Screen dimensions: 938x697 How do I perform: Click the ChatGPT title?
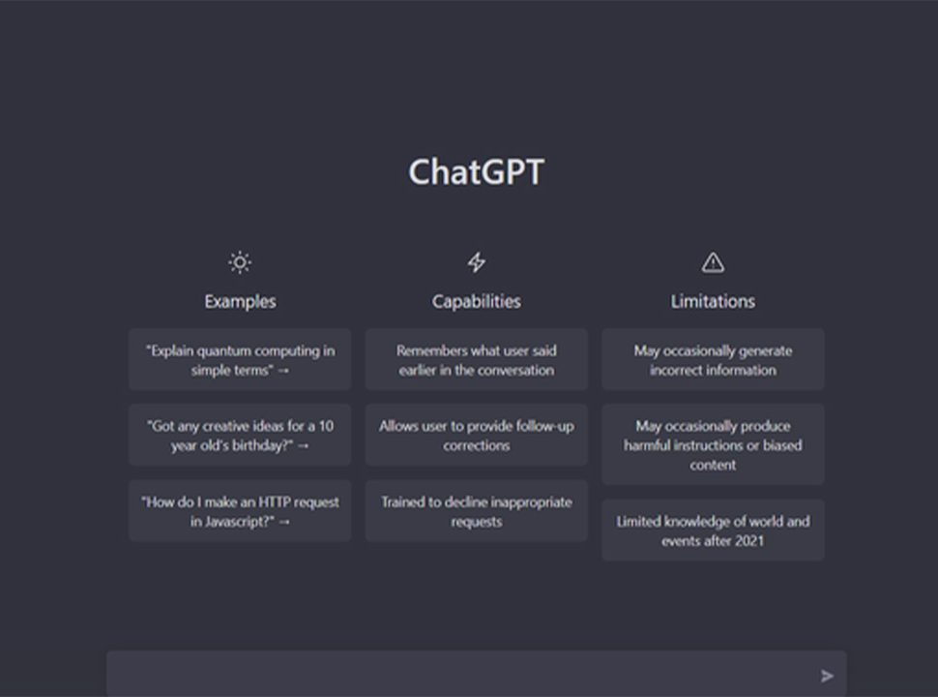[x=476, y=172]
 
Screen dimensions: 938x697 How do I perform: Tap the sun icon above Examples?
[x=240, y=262]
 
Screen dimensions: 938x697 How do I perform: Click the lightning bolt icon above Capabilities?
[x=476, y=262]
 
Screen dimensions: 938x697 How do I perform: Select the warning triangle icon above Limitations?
[x=713, y=262]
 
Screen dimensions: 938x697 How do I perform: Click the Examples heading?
[x=240, y=301]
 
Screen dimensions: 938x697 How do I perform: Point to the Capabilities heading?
[x=476, y=301]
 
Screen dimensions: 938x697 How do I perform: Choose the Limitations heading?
[x=713, y=301]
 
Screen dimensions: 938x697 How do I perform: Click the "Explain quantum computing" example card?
[x=240, y=359]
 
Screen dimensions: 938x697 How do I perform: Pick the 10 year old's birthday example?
[x=240, y=436]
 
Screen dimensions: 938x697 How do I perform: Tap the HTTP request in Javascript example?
[x=240, y=511]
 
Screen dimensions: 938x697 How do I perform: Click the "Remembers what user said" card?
[x=476, y=359]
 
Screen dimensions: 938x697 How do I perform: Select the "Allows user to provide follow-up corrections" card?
[x=476, y=436]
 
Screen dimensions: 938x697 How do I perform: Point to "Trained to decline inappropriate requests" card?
[x=476, y=511]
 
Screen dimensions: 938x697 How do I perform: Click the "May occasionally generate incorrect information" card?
[x=713, y=359]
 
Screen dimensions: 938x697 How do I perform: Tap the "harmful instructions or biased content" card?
[x=713, y=444]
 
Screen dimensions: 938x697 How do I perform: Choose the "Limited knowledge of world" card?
[x=713, y=530]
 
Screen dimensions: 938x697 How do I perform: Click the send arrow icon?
[x=828, y=676]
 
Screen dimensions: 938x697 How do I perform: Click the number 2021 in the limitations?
[x=749, y=541]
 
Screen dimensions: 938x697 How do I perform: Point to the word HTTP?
[x=276, y=501]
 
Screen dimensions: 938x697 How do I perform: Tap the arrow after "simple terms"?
[x=283, y=371]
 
